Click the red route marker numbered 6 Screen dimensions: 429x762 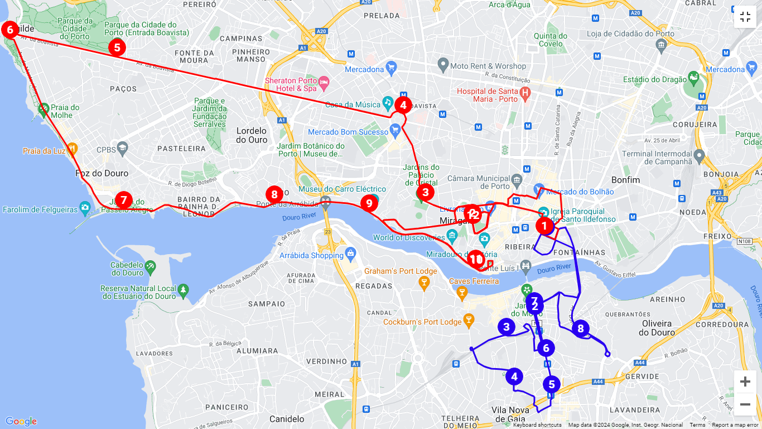(x=9, y=30)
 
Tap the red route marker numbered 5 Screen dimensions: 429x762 (x=117, y=47)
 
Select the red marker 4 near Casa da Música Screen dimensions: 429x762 (x=403, y=105)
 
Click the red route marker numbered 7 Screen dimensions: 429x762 (x=124, y=200)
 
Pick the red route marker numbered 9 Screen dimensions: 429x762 (x=369, y=203)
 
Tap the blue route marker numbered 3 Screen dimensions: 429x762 (x=507, y=327)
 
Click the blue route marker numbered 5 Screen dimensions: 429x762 (x=552, y=384)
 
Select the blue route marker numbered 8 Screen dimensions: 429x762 (x=581, y=328)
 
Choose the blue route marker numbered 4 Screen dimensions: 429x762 (x=514, y=376)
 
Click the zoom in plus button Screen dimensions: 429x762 (x=745, y=382)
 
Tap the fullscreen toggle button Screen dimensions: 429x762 (x=745, y=17)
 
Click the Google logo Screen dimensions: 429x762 (x=21, y=421)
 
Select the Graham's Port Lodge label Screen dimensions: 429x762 (x=401, y=271)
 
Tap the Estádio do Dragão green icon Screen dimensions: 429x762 (x=693, y=77)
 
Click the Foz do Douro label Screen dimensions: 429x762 (x=102, y=173)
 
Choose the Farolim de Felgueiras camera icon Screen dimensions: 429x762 (x=85, y=208)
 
